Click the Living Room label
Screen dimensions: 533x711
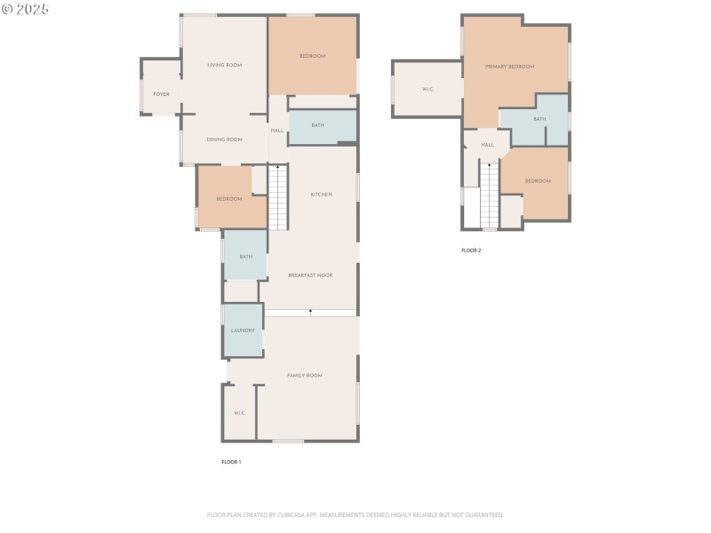pos(225,65)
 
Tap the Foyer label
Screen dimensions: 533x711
pos(161,94)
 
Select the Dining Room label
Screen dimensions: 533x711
pos(225,139)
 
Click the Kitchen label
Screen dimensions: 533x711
pos(321,195)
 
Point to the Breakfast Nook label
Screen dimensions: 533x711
pos(310,275)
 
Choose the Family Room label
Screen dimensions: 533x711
pos(305,376)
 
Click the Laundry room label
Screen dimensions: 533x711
pos(243,330)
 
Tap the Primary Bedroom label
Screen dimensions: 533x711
pos(509,67)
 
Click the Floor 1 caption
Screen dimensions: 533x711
pos(231,462)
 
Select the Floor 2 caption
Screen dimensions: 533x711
pos(471,251)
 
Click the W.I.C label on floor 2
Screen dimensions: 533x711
pos(427,89)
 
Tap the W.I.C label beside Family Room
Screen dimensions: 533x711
pos(239,413)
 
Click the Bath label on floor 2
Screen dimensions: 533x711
pos(539,119)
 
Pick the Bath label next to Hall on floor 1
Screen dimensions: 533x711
pos(317,125)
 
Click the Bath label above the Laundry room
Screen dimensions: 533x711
pos(245,257)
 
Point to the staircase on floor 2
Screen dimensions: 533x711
pos(490,197)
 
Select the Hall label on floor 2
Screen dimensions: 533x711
pos(488,145)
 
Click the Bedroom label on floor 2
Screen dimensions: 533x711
pos(538,181)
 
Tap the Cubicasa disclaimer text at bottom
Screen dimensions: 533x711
pos(355,514)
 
